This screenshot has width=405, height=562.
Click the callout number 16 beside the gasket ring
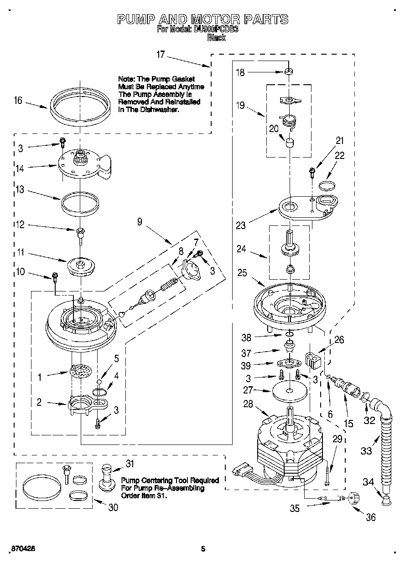(18, 101)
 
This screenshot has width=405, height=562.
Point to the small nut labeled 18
(289, 72)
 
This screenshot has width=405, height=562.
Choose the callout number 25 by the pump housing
(243, 273)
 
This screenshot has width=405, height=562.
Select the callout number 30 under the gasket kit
(114, 507)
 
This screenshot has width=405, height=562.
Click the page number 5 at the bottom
(203, 549)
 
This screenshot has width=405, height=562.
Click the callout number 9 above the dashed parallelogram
(140, 223)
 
